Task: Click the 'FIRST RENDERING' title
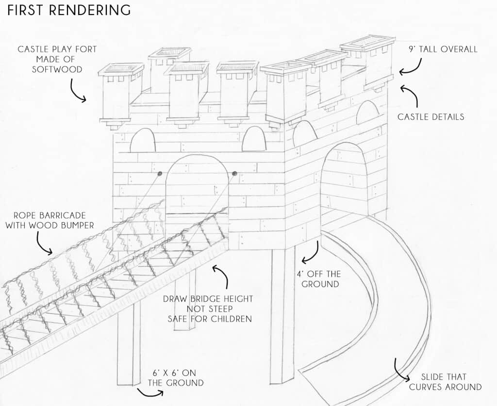click(69, 10)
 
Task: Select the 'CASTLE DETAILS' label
click(431, 116)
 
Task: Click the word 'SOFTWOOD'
click(57, 69)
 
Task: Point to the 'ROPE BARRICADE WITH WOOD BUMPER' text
click(54, 220)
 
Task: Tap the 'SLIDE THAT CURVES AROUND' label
click(445, 382)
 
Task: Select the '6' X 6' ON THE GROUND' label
click(175, 378)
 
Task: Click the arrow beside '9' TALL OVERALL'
click(411, 67)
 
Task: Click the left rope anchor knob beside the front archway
click(160, 173)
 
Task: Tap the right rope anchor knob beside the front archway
click(234, 173)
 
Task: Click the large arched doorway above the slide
click(344, 179)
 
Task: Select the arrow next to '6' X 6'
click(149, 391)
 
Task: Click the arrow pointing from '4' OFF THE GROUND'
click(311, 252)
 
